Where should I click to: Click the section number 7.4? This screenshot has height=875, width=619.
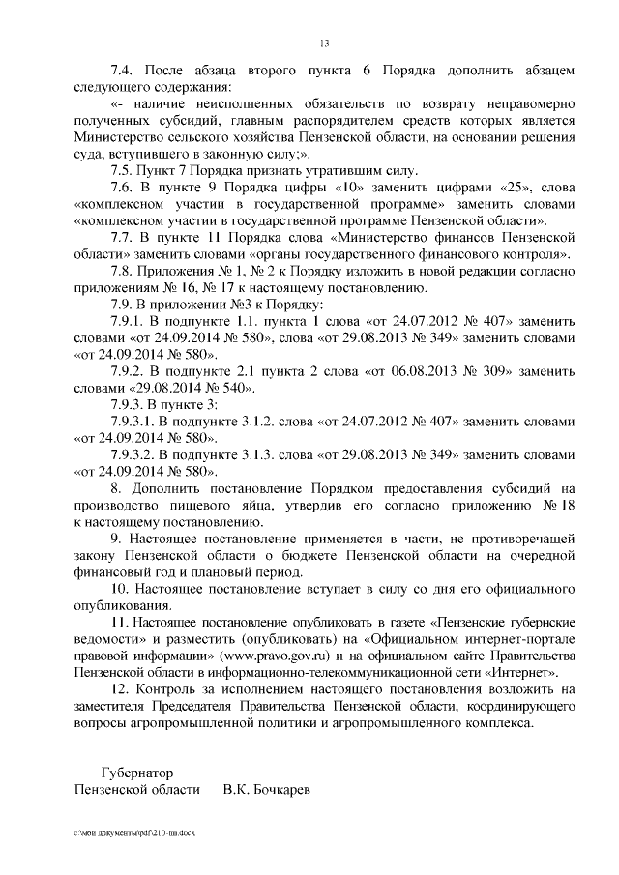click(123, 71)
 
